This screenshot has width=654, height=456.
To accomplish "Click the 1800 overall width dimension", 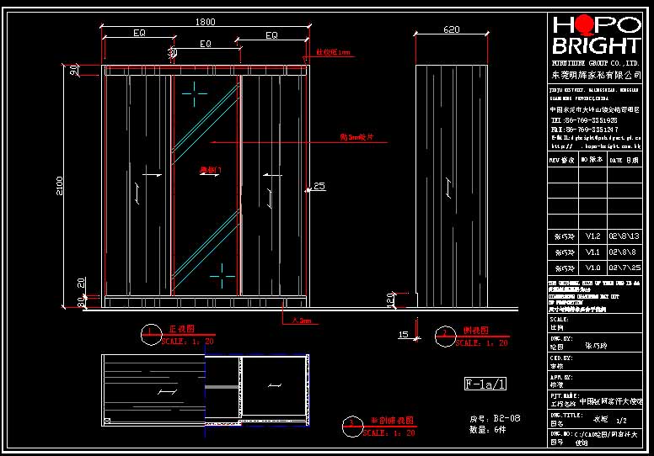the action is pos(206,23).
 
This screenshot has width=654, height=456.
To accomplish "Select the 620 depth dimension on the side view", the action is pos(451,29).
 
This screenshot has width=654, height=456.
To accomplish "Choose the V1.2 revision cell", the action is pos(593,236).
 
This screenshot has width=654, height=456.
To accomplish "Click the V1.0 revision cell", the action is pos(593,267).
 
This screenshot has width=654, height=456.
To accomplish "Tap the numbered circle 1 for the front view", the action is pos(150,335).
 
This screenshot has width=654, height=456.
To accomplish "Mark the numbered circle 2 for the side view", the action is pos(445,335).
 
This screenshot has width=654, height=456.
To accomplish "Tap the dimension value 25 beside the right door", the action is pos(319,186).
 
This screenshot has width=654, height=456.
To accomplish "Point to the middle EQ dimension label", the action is pos(206,44).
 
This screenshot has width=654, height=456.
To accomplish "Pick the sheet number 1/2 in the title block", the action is pos(623,418).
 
